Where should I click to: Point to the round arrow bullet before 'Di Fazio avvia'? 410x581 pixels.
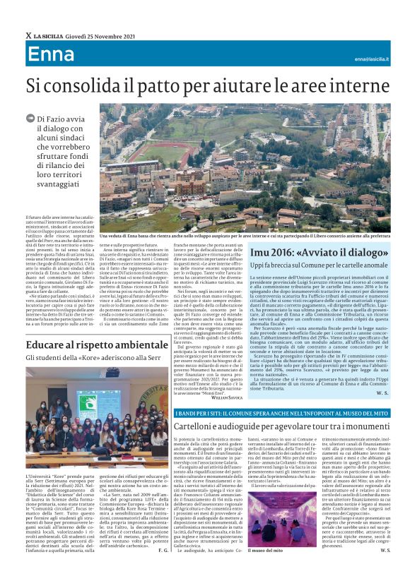[x=30, y=120]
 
